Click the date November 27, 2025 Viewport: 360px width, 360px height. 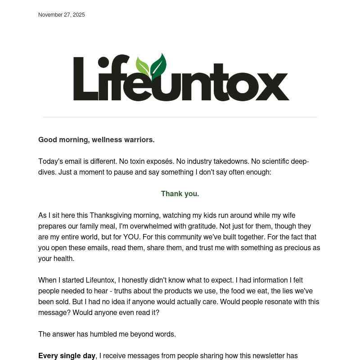tap(62, 15)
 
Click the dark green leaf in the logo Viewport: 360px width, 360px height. tap(158, 66)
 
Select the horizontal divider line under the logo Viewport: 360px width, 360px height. tap(180, 117)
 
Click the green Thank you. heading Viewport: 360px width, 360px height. tap(180, 194)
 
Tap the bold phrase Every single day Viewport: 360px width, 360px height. tap(67, 356)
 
